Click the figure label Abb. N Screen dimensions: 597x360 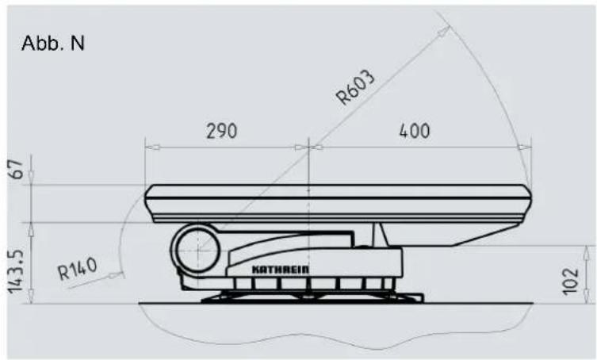pos(53,43)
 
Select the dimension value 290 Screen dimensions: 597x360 pos(221,131)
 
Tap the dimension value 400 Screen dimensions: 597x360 pos(415,131)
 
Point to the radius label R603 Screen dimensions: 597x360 pos(355,87)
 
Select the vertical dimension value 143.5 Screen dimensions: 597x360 pos(16,272)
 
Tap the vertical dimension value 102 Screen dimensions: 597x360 pos(570,281)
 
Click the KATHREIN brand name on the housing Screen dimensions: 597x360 pos(281,270)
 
